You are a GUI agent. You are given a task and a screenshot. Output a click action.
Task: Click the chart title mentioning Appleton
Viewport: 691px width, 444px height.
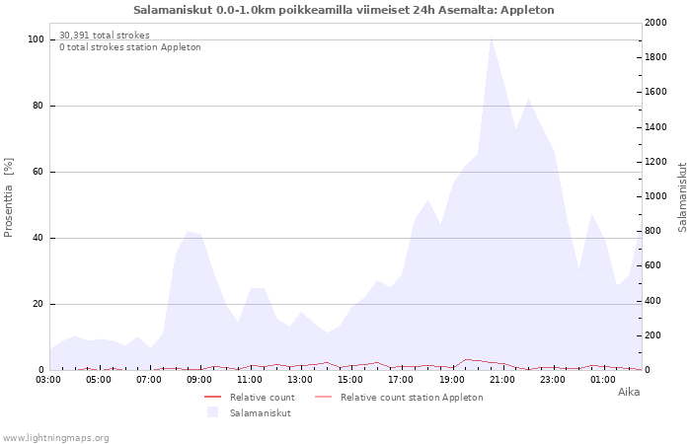tap(344, 10)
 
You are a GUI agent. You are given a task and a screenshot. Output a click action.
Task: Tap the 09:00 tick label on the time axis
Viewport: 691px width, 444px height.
tap(199, 380)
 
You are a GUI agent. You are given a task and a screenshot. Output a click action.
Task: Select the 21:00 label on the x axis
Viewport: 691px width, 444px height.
tap(501, 380)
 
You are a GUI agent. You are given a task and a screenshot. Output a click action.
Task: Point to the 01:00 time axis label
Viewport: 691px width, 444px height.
tap(603, 380)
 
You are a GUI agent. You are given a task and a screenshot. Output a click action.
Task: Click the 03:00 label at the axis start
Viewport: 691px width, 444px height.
tap(48, 380)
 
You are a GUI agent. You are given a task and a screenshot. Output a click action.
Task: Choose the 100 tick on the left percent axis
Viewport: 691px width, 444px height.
tap(36, 39)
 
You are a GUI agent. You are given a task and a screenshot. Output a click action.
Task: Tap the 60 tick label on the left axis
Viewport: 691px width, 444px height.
tap(38, 172)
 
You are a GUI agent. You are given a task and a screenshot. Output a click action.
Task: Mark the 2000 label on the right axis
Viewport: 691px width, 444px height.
tap(655, 23)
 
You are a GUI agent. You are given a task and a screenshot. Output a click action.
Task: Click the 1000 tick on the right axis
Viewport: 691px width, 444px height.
tap(655, 196)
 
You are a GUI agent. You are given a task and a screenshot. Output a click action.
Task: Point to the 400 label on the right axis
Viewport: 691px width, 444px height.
tap(653, 301)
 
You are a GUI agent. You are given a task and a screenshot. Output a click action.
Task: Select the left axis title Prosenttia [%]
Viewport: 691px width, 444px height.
tap(8, 197)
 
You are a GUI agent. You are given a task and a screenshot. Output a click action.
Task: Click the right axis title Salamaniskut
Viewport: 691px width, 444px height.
tap(682, 197)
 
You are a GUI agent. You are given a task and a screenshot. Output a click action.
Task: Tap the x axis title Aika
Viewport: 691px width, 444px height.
tap(629, 392)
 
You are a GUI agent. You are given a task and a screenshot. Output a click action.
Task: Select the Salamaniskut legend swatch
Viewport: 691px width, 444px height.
tap(213, 412)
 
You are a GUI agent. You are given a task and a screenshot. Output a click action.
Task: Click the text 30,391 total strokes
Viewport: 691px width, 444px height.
tap(105, 36)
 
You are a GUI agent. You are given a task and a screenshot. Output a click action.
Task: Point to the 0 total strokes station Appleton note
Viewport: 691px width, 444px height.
tap(130, 47)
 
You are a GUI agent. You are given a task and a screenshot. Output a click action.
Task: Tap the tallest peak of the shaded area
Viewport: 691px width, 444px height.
tap(491, 38)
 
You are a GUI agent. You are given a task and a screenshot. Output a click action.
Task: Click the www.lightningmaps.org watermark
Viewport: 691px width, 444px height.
tap(55, 438)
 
